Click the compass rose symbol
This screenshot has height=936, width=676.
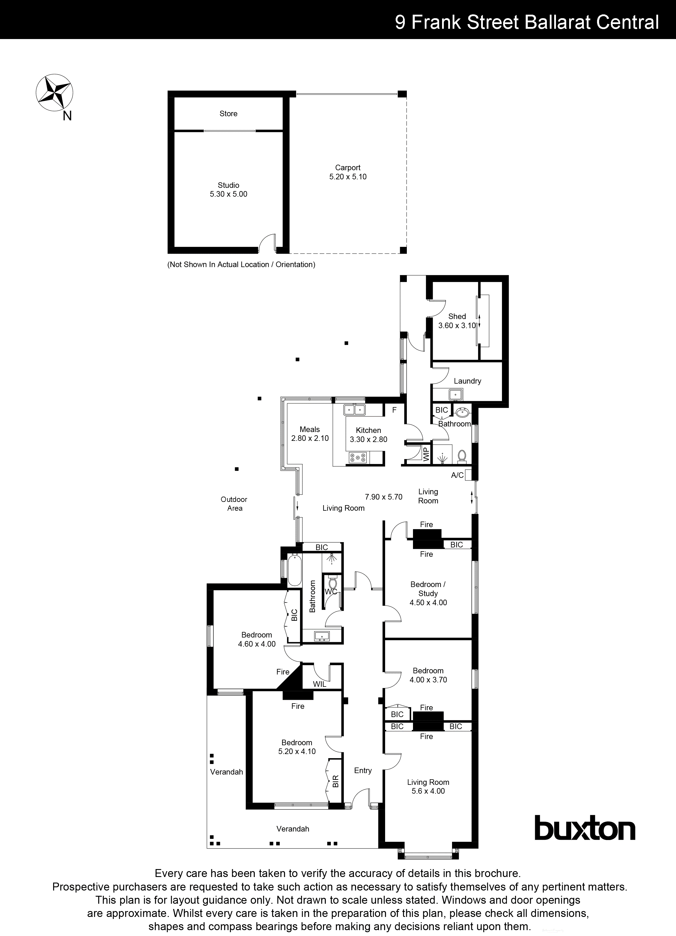coord(55,93)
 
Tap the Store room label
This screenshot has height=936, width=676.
coord(228,114)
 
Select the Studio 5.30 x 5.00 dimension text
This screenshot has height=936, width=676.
coord(228,194)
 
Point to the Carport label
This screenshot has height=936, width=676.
coord(348,168)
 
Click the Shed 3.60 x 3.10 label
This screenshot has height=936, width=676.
coord(457,321)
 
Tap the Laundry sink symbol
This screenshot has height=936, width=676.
coord(455,394)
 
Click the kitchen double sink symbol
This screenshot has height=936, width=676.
coord(355,410)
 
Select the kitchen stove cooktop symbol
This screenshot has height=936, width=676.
coord(358,457)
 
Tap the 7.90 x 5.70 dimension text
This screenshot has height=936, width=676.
coord(383,497)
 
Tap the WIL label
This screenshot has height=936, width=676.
coord(319,684)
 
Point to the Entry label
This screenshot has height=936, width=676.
coord(363,770)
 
